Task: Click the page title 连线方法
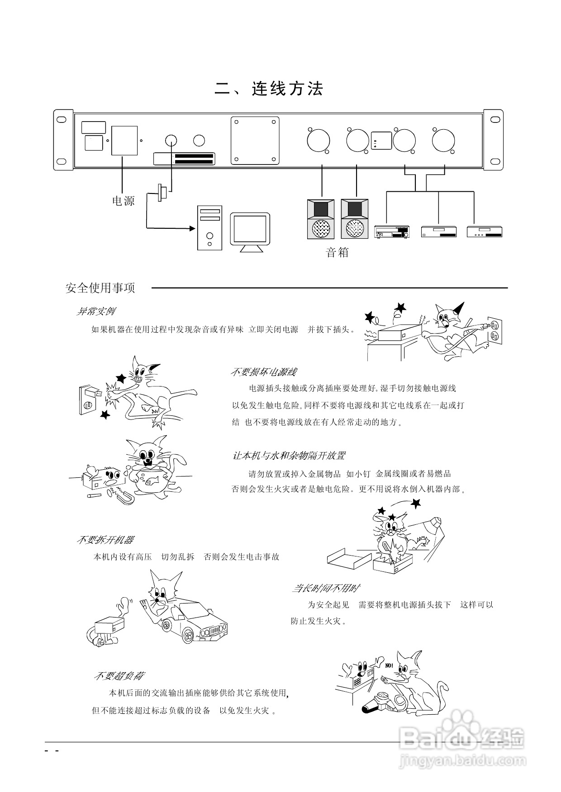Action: [x=269, y=89]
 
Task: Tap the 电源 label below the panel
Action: [x=124, y=201]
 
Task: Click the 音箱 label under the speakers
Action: [x=338, y=252]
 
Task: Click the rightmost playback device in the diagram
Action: [x=485, y=231]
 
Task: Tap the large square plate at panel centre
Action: [x=255, y=141]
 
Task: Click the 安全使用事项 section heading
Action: [x=100, y=288]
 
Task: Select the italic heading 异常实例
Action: [x=95, y=311]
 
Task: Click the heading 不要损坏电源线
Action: [x=263, y=372]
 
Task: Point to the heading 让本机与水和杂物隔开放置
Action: [x=289, y=456]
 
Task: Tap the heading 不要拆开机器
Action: [x=105, y=540]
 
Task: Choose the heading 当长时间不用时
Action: [x=326, y=589]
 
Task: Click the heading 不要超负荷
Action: [x=119, y=676]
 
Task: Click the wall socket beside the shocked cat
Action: [x=88, y=400]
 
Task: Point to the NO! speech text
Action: [x=390, y=665]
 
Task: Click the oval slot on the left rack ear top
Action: [x=60, y=120]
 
